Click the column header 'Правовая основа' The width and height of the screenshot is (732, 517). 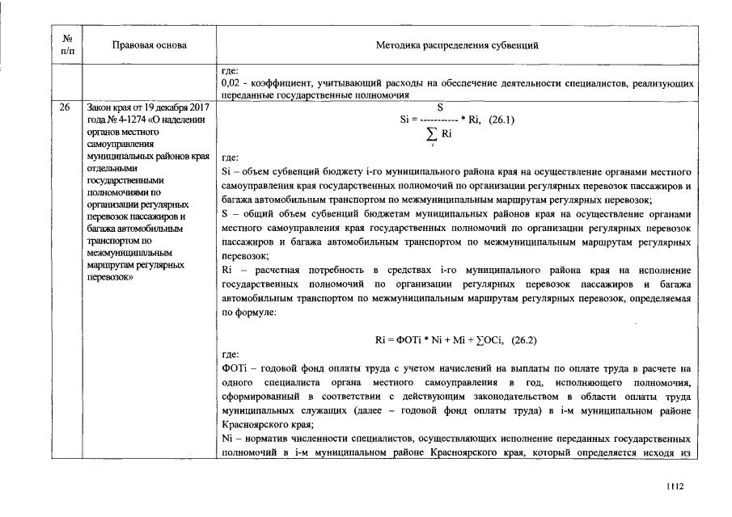tap(150, 45)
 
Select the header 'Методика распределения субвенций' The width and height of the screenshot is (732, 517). tap(457, 45)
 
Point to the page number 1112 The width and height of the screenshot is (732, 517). tap(675, 486)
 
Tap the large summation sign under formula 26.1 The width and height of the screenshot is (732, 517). tap(434, 135)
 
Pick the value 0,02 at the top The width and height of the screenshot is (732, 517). tap(231, 83)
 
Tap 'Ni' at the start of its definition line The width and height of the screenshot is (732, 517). tap(226, 438)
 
